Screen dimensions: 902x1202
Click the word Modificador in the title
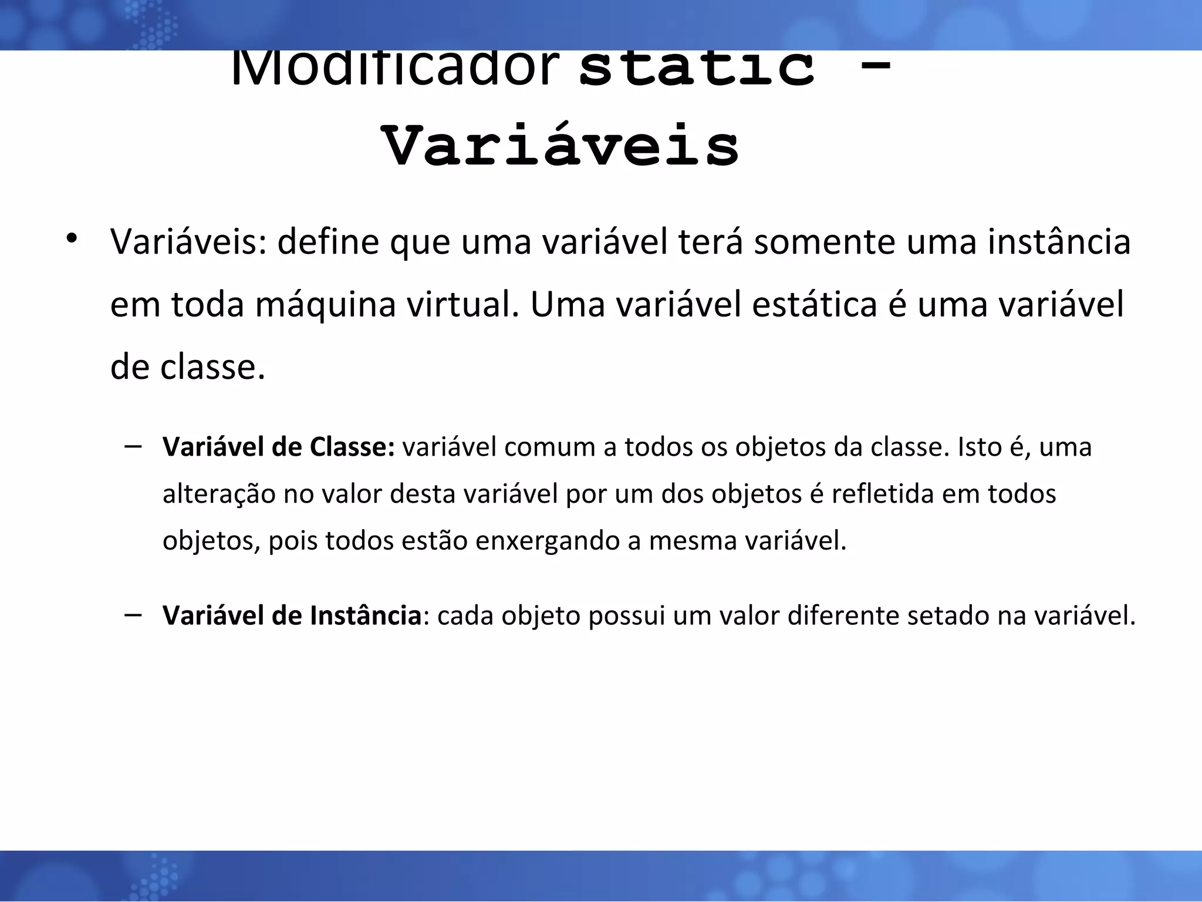click(x=394, y=69)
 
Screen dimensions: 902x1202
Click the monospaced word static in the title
click(x=697, y=69)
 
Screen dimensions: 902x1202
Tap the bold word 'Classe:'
click(x=353, y=447)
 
